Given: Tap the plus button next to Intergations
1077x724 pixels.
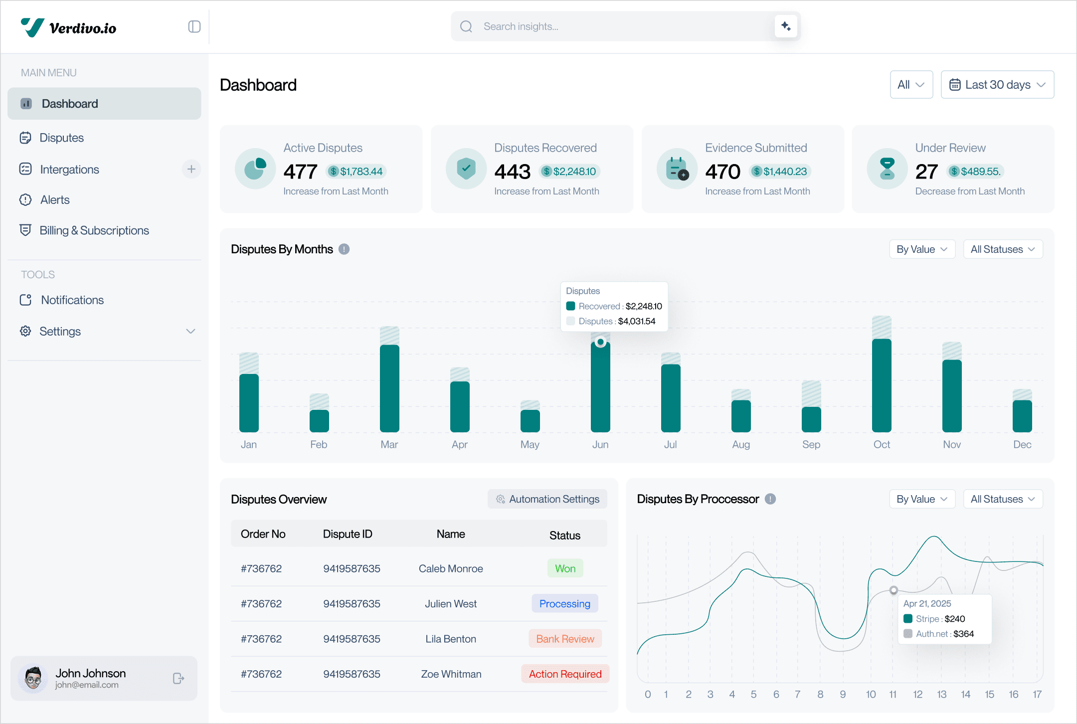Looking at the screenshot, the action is (191, 170).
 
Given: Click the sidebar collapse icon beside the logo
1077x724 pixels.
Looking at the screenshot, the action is (194, 27).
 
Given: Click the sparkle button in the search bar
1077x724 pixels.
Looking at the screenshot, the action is (786, 26).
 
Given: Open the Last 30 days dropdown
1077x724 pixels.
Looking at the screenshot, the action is (997, 85).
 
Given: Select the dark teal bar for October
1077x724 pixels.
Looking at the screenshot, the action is (882, 385).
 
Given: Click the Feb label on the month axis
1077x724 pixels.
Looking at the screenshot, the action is (319, 444).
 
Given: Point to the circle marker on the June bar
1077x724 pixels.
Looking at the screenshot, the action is (601, 342).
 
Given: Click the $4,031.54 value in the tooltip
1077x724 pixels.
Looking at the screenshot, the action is (637, 321).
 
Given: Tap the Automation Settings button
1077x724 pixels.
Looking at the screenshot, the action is (547, 499).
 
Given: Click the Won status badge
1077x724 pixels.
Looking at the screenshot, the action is (565, 568).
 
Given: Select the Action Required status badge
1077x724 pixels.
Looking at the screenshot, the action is (565, 674).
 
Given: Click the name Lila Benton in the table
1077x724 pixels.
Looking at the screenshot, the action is (451, 639).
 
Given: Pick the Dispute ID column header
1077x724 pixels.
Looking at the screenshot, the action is (348, 534).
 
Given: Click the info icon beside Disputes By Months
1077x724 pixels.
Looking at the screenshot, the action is (344, 249).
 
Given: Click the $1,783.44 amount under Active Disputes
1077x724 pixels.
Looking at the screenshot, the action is (361, 172).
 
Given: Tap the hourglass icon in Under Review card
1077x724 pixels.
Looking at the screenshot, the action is (887, 169).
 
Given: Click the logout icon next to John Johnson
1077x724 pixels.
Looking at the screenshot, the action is (179, 679).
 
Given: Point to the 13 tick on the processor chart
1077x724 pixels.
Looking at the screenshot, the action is (941, 695).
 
